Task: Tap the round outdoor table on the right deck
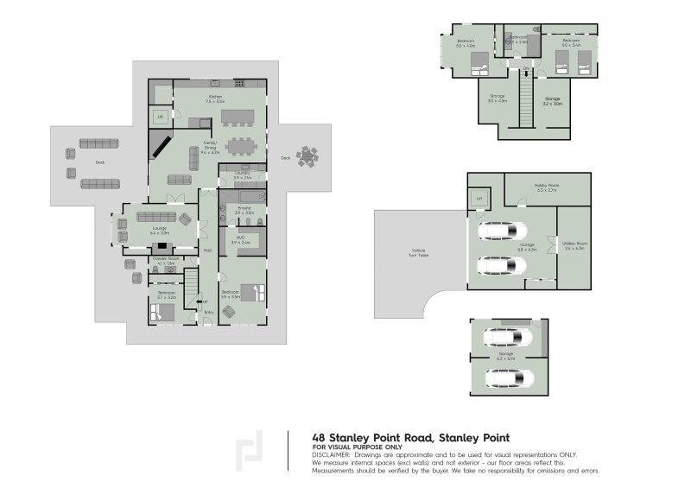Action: point(307,156)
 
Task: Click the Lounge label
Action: point(158,230)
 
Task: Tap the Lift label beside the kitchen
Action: point(160,116)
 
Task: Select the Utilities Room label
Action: point(575,245)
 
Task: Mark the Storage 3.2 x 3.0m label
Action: point(552,100)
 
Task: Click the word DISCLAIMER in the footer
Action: point(331,453)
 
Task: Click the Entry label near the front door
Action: point(208,313)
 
